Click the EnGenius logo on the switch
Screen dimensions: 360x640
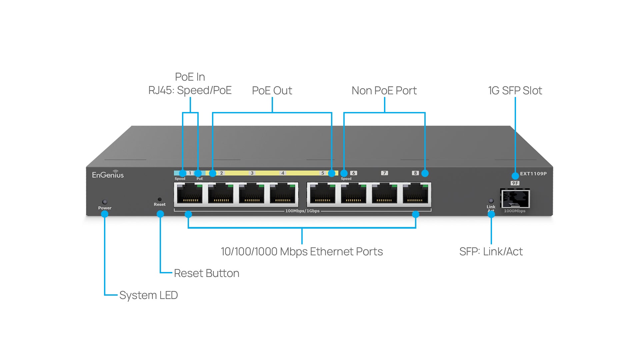pos(108,174)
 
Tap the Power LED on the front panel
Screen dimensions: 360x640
pos(105,202)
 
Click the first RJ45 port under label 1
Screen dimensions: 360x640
pos(190,194)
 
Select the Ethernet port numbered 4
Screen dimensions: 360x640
pos(283,194)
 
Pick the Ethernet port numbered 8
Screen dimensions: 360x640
pos(415,194)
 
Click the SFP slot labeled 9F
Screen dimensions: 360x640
pos(515,199)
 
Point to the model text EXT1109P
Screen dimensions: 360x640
pos(533,174)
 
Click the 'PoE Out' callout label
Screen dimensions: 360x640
pos(272,91)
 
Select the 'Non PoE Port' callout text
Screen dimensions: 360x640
pos(384,91)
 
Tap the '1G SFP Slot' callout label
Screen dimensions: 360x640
pos(515,91)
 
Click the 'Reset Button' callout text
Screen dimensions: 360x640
pos(207,273)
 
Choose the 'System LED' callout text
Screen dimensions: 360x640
pos(149,295)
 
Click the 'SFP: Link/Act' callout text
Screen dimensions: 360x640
pos(491,252)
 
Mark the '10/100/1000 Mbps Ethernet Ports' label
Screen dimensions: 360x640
pos(302,252)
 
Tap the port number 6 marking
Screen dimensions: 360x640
pos(354,173)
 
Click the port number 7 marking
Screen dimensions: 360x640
pos(384,173)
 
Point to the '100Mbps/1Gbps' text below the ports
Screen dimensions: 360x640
pos(302,211)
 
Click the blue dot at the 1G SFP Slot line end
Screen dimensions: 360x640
pos(515,176)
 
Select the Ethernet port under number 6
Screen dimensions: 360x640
pos(353,194)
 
